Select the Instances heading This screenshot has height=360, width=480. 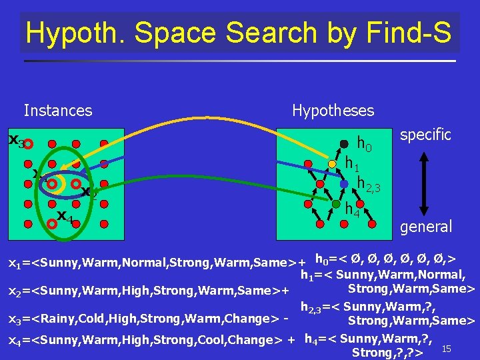pos(58,110)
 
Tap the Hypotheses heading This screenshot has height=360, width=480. pos(333,110)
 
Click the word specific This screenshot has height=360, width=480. pos(425,134)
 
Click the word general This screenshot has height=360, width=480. pos(426,227)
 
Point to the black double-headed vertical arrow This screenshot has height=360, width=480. pos(418,181)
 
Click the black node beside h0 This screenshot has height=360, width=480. pos(344,143)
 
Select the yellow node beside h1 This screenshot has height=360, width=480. pos(332,164)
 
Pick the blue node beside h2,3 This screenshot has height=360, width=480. pos(344,183)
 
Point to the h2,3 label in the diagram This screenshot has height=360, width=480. pos(368,183)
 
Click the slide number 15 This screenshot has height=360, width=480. pos(447,349)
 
